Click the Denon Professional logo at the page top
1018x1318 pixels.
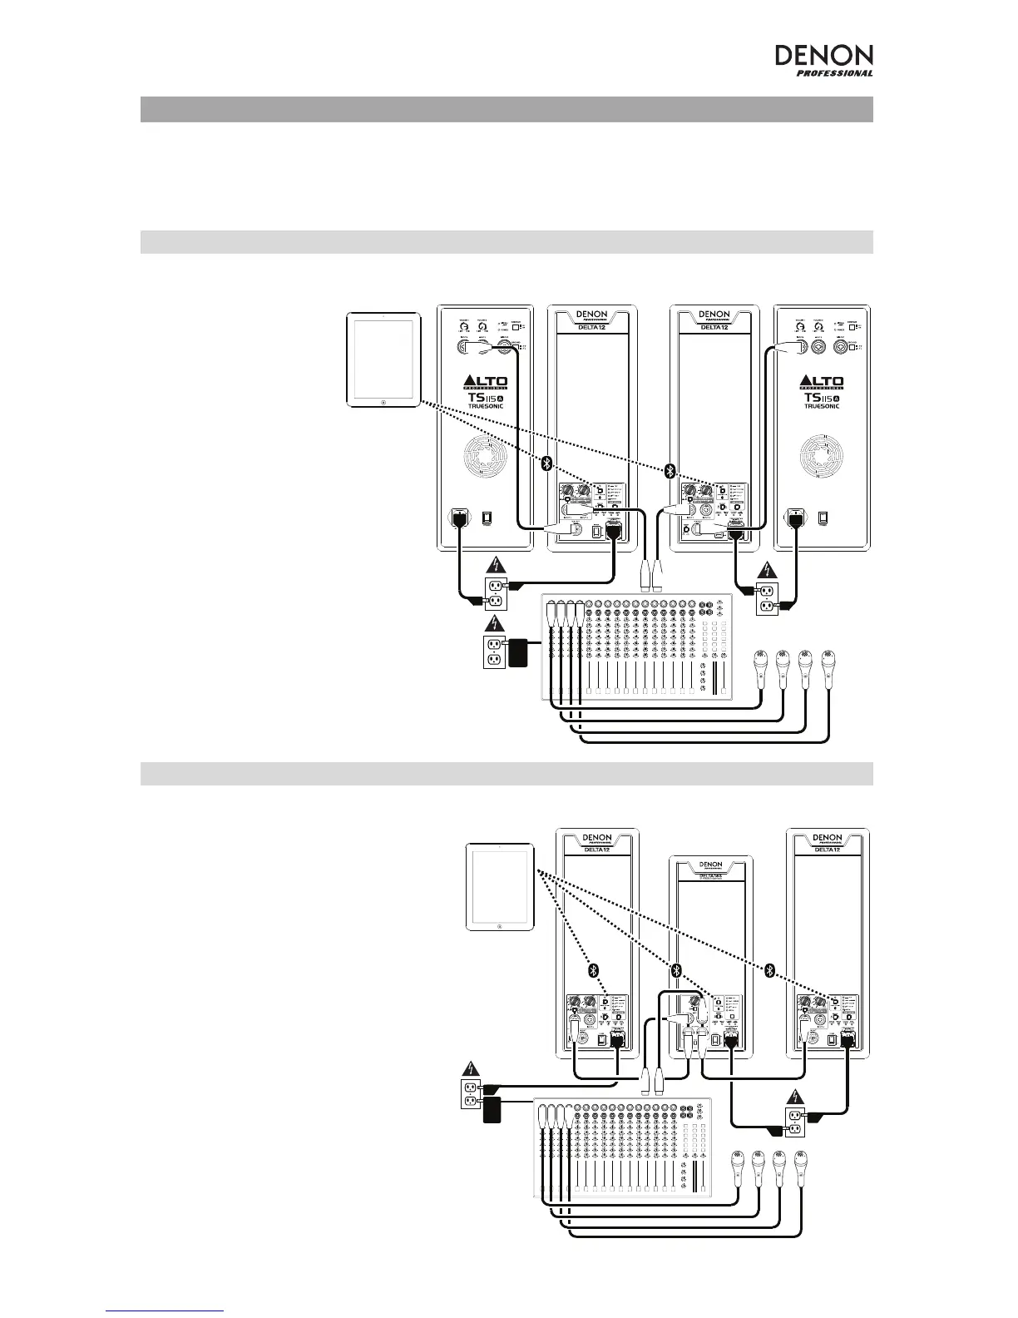point(824,60)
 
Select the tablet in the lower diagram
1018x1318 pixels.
point(498,887)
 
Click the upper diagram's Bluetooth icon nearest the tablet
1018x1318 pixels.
point(546,463)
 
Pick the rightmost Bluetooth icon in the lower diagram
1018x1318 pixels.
point(770,970)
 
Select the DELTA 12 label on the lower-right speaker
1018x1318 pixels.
point(828,850)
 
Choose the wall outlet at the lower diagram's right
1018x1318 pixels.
point(794,1121)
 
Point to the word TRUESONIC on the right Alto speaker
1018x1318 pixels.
point(822,406)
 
